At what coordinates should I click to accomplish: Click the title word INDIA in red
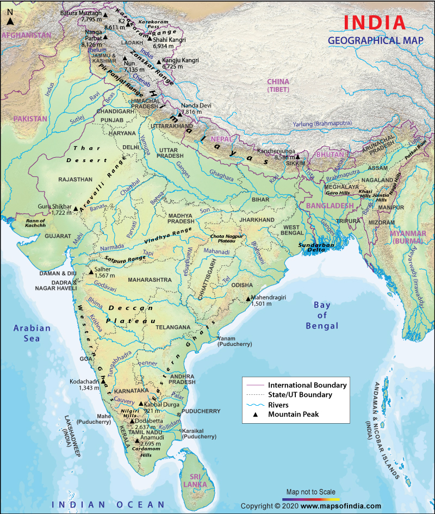375,23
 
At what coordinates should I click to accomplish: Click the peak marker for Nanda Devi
179,114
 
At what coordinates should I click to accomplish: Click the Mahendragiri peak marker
247,298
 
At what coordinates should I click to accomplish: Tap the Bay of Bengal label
321,315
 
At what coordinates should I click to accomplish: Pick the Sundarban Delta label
315,248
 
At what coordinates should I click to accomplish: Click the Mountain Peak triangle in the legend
255,414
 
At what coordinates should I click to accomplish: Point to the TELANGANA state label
172,327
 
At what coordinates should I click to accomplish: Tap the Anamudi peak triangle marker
137,440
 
